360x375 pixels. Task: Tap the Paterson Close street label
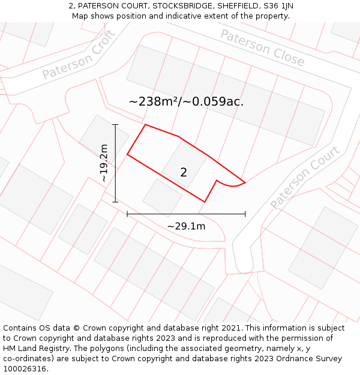pyautogui.click(x=263, y=47)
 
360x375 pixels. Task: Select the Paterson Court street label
pyautogui.click(x=305, y=177)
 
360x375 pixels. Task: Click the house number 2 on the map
pyautogui.click(x=184, y=173)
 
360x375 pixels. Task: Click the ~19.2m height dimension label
pyautogui.click(x=104, y=163)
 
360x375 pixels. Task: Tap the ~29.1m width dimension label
pyautogui.click(x=186, y=226)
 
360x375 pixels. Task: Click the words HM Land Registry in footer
pyautogui.click(x=34, y=349)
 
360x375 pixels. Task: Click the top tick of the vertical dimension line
pyautogui.click(x=116, y=125)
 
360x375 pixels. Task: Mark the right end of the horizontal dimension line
pyautogui.click(x=245, y=214)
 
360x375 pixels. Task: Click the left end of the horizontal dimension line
pyautogui.click(x=127, y=214)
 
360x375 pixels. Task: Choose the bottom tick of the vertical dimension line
pyautogui.click(x=116, y=202)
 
